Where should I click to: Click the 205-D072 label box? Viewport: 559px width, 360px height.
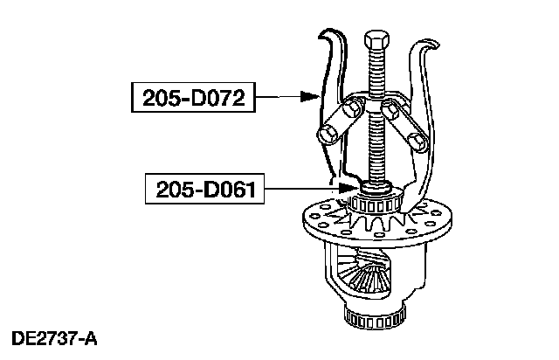pyautogui.click(x=192, y=98)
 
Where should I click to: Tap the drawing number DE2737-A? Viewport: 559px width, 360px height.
pyautogui.click(x=54, y=336)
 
